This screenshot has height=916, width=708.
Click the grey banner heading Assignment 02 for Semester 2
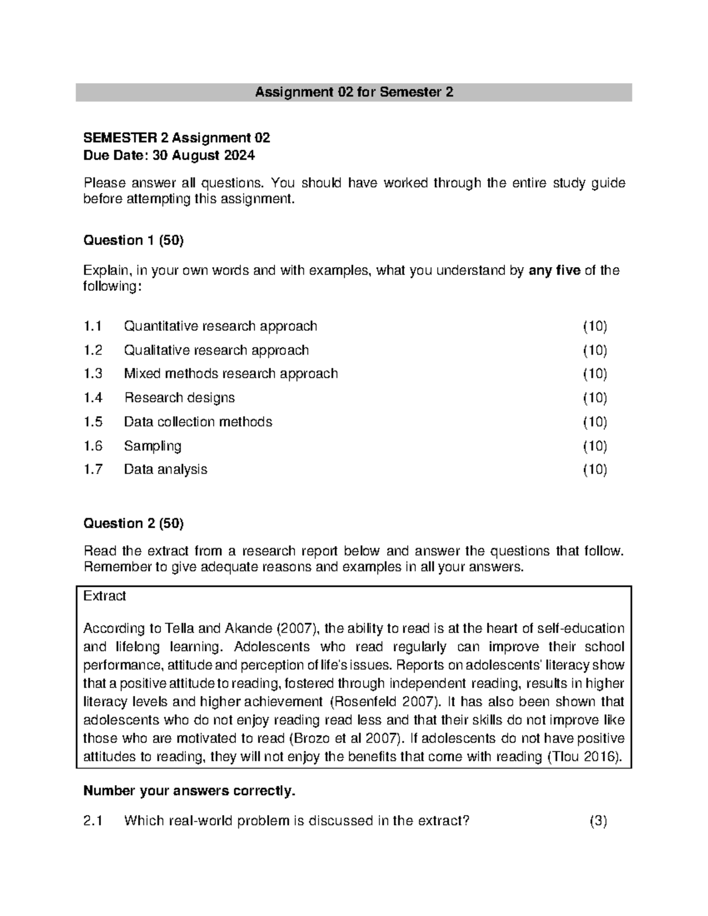353,93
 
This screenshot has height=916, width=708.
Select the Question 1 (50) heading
133,240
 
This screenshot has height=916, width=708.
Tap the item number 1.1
93,326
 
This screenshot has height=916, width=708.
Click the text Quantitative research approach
220,326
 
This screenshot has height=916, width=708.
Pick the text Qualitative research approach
216,350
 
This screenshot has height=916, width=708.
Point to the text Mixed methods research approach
231,374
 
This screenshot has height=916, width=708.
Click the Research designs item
179,398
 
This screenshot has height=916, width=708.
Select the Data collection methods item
198,422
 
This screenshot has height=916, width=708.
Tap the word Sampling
152,446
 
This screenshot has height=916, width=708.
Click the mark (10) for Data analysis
595,470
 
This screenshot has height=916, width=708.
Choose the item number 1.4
93,398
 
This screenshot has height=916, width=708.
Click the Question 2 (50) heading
133,523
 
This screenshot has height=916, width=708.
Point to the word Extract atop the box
104,596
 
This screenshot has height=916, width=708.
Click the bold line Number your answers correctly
189,791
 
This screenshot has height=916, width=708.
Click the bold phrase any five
555,271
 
